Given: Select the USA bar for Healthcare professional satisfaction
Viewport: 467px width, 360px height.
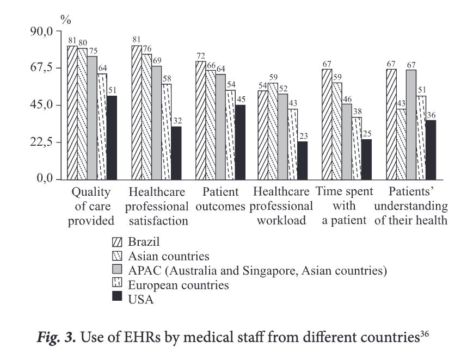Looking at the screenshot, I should [x=176, y=153].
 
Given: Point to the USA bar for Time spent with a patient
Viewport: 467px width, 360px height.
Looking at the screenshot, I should [x=367, y=159].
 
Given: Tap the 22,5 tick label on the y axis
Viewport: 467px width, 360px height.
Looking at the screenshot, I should [x=40, y=142].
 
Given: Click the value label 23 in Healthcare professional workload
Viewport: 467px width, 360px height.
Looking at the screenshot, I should [x=303, y=136].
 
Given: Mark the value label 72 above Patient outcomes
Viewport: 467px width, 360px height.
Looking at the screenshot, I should [x=200, y=56].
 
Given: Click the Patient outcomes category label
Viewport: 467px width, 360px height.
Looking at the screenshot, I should [x=221, y=199].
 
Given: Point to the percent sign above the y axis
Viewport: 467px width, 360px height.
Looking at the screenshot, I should [x=66, y=21].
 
